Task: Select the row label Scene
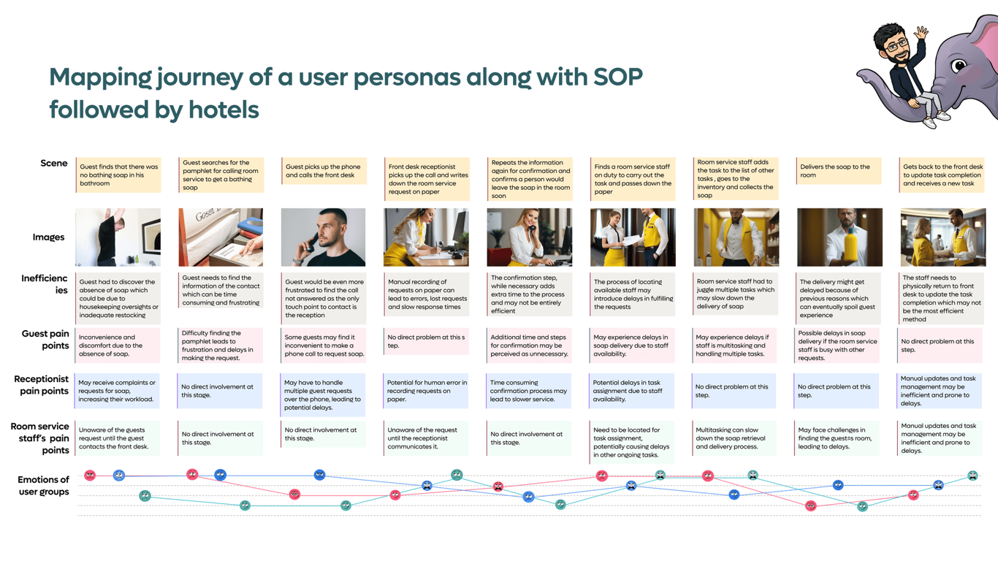(54, 163)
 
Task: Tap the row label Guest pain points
(45, 340)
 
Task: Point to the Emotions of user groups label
(43, 486)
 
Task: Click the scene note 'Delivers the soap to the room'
(839, 171)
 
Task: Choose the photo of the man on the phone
(323, 237)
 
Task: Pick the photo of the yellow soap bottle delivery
(840, 237)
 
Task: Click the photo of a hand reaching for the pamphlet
(221, 237)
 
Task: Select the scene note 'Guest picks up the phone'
(324, 171)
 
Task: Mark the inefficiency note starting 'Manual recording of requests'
(427, 294)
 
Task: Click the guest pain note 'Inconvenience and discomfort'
(117, 346)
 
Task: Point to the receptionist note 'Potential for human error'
(425, 391)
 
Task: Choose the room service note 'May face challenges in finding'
(837, 438)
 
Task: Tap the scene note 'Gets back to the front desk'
(942, 175)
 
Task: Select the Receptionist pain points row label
(42, 385)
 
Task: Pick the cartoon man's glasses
(897, 45)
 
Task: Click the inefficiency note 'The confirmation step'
(529, 294)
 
